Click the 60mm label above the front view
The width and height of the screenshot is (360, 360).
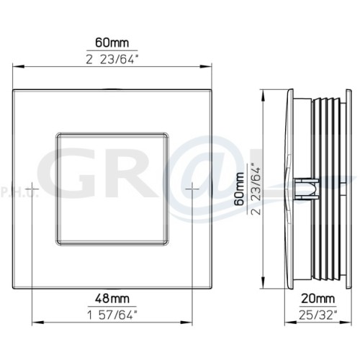112,42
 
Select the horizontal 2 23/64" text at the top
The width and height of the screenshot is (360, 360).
112,59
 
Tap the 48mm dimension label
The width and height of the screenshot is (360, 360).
112,299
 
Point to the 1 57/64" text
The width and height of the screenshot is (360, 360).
112,315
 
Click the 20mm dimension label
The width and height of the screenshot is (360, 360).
318,299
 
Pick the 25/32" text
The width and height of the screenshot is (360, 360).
318,315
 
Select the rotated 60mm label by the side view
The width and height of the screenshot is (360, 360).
239,189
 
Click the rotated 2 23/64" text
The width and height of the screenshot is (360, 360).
255,189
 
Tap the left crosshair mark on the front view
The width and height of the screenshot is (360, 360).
32,189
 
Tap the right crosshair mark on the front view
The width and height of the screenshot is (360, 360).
192,189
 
